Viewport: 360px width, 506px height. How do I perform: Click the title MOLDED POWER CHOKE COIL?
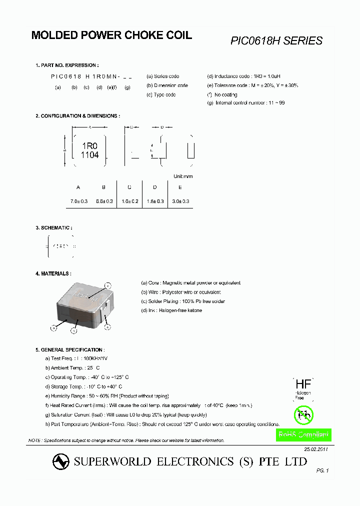111,35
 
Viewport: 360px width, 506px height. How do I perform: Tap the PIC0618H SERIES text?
276,41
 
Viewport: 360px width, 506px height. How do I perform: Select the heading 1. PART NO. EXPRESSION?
67,65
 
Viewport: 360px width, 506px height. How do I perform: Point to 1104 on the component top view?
89,155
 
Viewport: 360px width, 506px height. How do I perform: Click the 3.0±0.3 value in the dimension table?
180,201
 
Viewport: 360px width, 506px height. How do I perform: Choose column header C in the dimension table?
129,187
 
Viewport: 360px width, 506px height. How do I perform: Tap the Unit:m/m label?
183,176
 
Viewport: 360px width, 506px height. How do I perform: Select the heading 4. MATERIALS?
53,274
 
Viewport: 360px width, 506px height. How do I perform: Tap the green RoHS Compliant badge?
303,435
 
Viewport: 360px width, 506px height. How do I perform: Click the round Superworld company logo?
61,461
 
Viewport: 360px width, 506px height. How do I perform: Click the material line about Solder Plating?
183,301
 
